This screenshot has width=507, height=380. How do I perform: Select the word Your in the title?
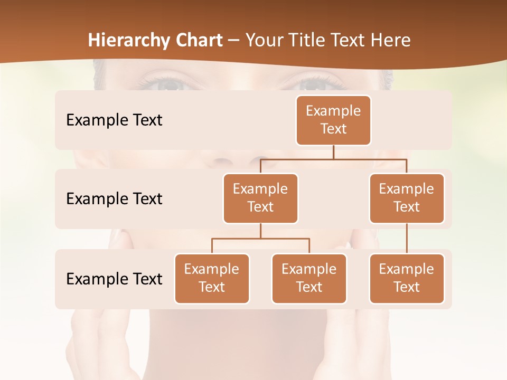(x=265, y=40)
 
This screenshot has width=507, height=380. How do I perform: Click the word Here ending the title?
(x=391, y=40)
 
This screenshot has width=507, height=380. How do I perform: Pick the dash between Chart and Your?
(x=234, y=41)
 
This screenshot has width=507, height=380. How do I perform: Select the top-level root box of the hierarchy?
(x=333, y=120)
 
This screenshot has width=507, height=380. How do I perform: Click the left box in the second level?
(x=260, y=198)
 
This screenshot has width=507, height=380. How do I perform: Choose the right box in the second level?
(x=407, y=198)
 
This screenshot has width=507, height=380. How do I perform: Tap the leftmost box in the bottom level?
(x=212, y=278)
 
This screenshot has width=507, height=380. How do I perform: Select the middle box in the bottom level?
(x=309, y=278)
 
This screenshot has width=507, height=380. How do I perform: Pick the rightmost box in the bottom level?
(x=407, y=278)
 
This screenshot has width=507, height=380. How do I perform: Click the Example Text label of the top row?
(x=114, y=120)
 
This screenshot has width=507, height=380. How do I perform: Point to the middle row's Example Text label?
(x=114, y=198)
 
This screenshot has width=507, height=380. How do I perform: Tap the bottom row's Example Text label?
(x=114, y=279)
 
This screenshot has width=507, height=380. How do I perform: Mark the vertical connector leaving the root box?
(x=333, y=152)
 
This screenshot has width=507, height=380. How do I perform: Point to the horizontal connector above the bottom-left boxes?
(x=260, y=239)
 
